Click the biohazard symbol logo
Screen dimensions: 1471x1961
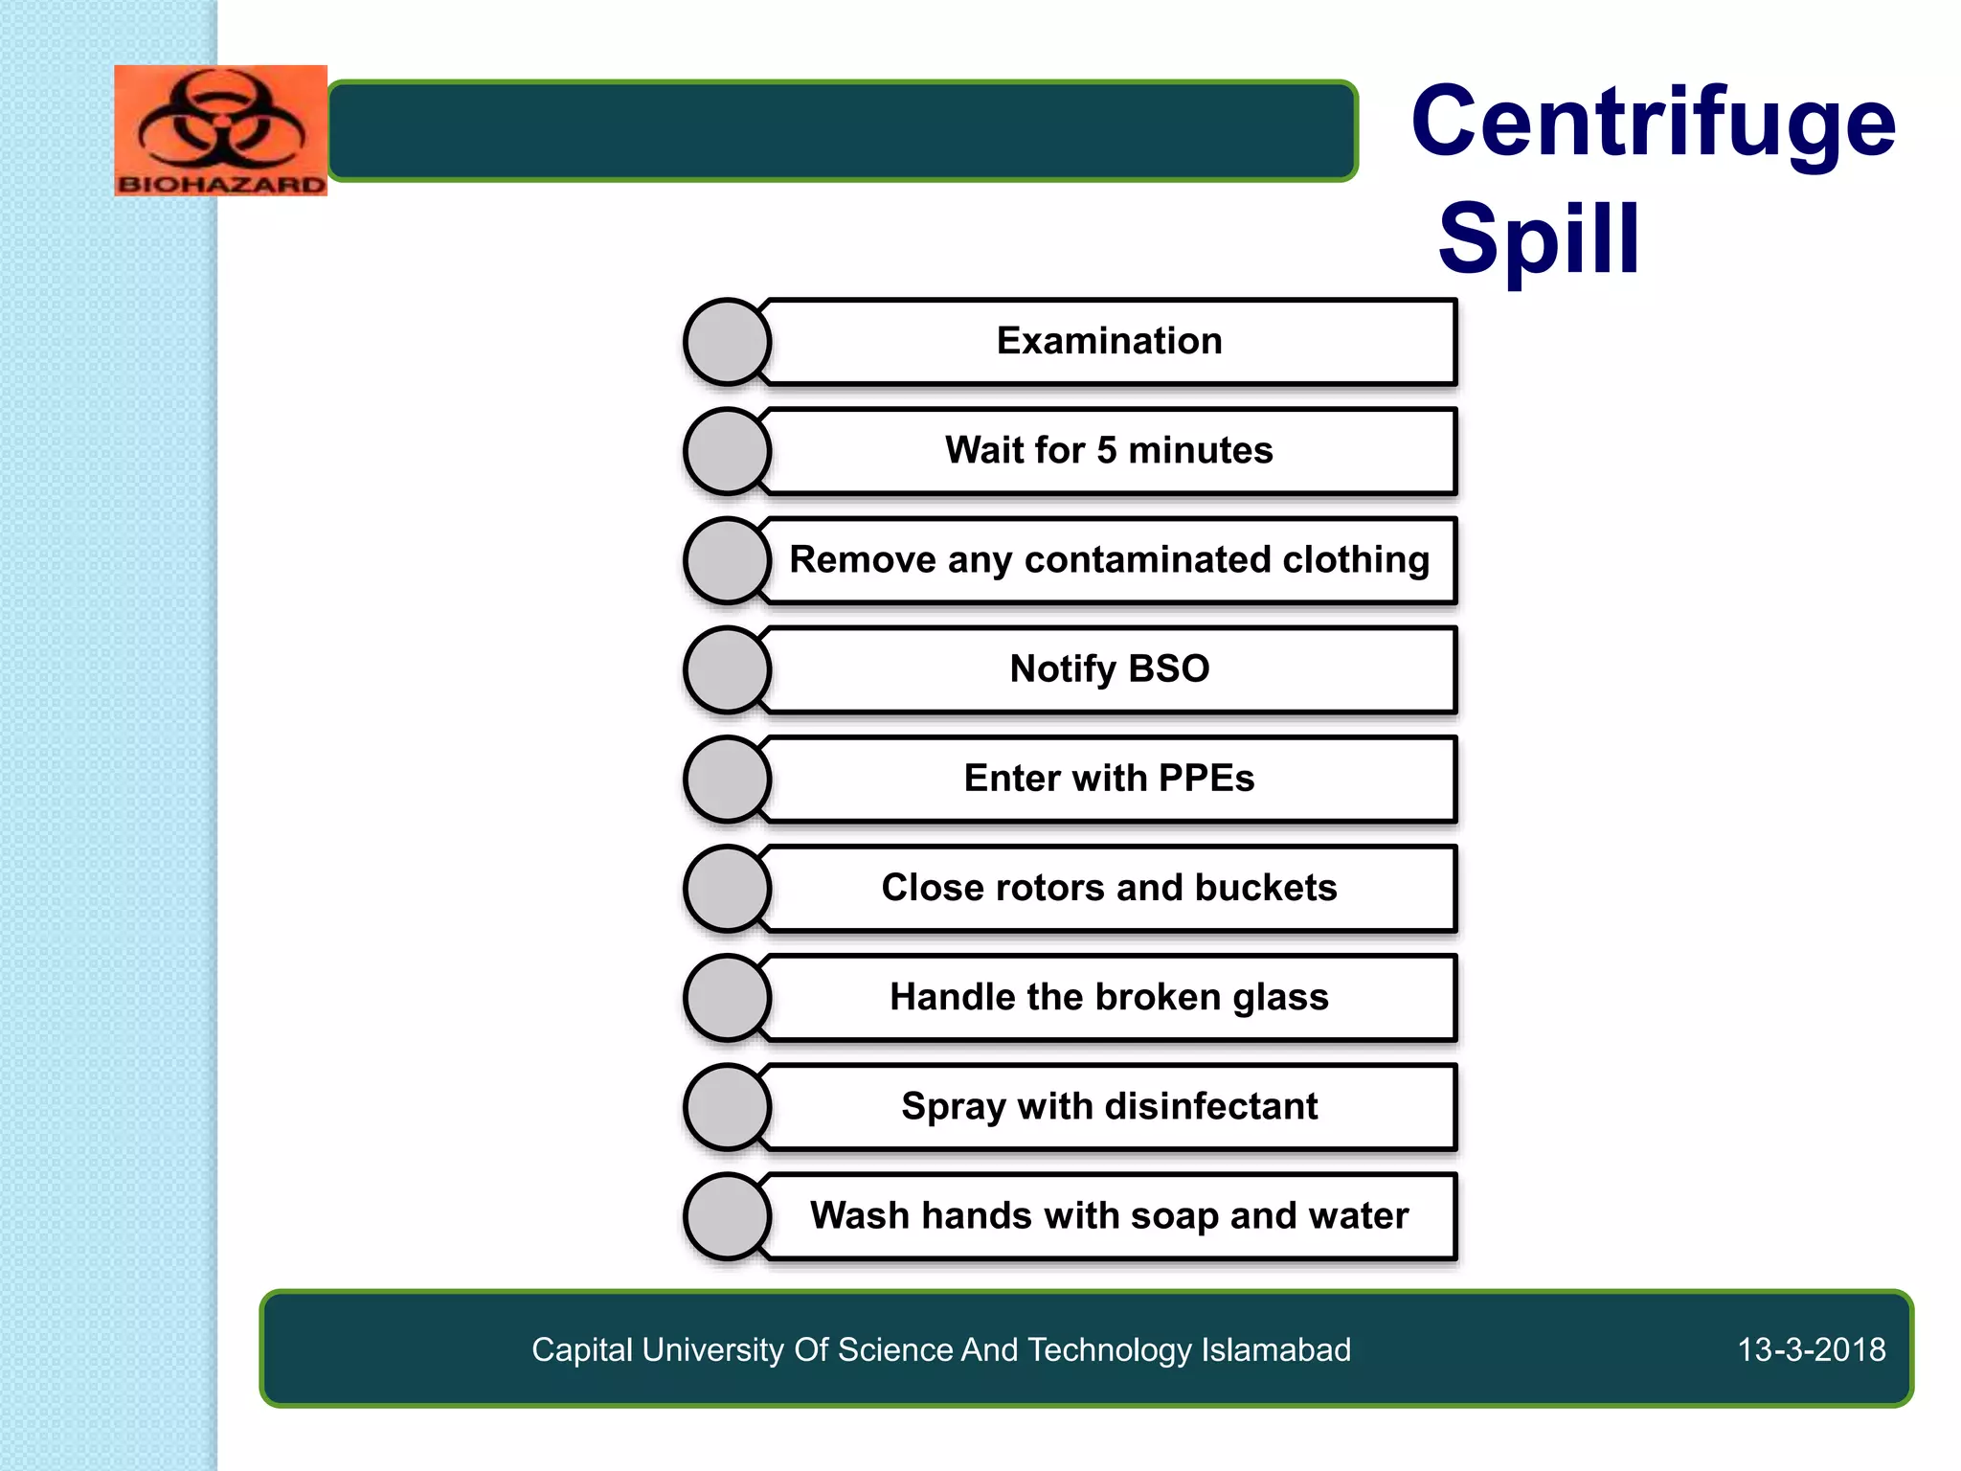[220, 119]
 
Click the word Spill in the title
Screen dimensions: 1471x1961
[1539, 238]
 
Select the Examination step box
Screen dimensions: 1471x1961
[1110, 341]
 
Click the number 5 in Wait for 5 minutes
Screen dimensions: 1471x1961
[1106, 450]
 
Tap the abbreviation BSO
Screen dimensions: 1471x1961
[1168, 668]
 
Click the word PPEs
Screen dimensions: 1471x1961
[1206, 778]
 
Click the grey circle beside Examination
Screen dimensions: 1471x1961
[728, 342]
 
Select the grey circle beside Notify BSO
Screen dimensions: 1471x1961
[728, 669]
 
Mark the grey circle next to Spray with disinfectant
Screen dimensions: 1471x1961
[728, 1107]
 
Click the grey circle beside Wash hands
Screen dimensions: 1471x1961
[728, 1216]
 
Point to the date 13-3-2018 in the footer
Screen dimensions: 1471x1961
[1811, 1349]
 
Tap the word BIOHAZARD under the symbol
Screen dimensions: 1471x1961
[220, 184]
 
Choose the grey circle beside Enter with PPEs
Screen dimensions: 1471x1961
[728, 779]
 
